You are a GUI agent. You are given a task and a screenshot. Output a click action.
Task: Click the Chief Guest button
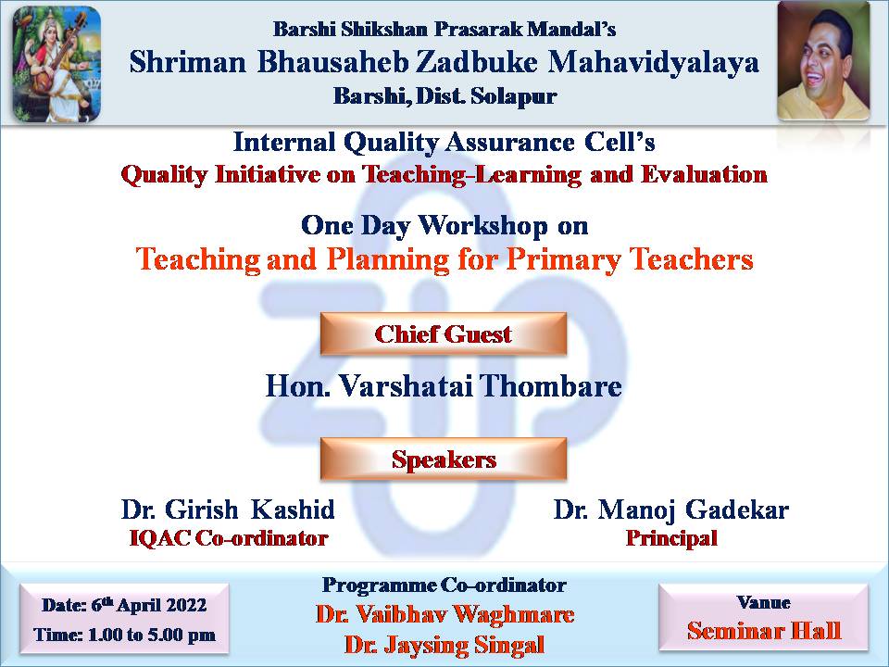pyautogui.click(x=444, y=334)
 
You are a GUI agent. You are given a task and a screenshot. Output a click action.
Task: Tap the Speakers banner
pyautogui.click(x=444, y=459)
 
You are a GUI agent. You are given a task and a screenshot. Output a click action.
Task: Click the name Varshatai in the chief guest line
pyautogui.click(x=407, y=387)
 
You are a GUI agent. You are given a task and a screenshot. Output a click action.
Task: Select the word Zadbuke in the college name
pyautogui.click(x=477, y=62)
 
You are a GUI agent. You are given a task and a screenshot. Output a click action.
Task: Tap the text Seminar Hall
pyautogui.click(x=764, y=631)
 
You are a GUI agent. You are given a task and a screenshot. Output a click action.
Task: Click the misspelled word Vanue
pyautogui.click(x=763, y=602)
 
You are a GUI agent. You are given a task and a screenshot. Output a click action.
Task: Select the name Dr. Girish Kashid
pyautogui.click(x=228, y=510)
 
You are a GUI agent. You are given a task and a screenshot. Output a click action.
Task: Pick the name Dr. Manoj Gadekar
pyautogui.click(x=671, y=510)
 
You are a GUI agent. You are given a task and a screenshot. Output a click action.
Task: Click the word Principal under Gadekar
pyautogui.click(x=671, y=538)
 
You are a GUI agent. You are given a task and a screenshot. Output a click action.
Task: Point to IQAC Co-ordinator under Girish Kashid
pyautogui.click(x=229, y=538)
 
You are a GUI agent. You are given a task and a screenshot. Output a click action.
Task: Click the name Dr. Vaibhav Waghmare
pyautogui.click(x=445, y=615)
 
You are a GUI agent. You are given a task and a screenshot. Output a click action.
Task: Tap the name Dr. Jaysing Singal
pyautogui.click(x=444, y=645)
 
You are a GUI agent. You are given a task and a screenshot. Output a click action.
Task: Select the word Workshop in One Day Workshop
pyautogui.click(x=483, y=226)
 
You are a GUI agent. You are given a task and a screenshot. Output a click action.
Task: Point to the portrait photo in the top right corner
pyautogui.click(x=823, y=61)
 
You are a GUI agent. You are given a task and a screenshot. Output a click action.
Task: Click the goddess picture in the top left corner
pyautogui.click(x=57, y=64)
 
